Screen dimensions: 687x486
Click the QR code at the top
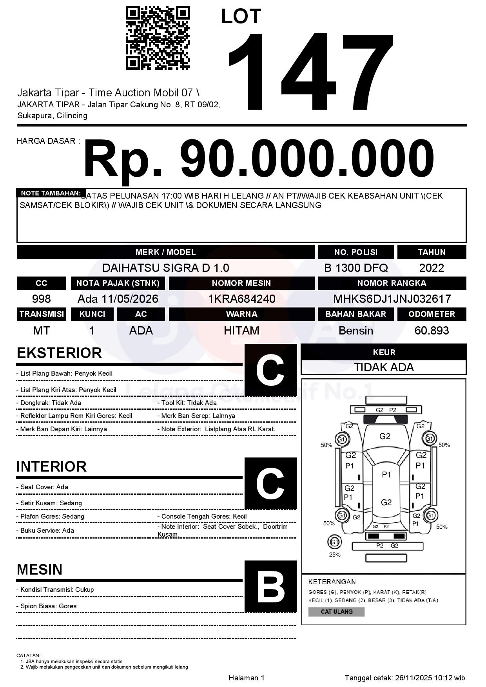pyautogui.click(x=158, y=38)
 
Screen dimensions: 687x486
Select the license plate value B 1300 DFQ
pyautogui.click(x=356, y=268)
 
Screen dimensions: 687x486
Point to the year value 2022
pyautogui.click(x=432, y=268)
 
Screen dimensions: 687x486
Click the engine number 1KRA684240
pyautogui.click(x=241, y=299)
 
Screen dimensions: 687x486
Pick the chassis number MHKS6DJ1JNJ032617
pyautogui.click(x=392, y=299)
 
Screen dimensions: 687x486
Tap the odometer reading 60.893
pyautogui.click(x=432, y=331)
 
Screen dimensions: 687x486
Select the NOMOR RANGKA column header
pyautogui.click(x=392, y=283)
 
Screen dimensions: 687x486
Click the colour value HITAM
pyautogui.click(x=241, y=331)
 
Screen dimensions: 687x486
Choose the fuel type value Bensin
pyautogui.click(x=356, y=331)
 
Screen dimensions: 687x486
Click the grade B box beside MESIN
pyautogui.click(x=270, y=586)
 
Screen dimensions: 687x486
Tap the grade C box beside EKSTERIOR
pyautogui.click(x=270, y=370)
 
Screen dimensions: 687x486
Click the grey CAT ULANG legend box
pyautogui.click(x=337, y=611)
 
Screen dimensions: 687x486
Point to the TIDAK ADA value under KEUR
pyautogui.click(x=384, y=367)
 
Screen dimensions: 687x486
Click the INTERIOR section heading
pyautogui.click(x=51, y=466)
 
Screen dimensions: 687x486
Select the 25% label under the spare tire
pyautogui.click(x=335, y=555)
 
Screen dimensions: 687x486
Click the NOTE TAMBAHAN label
pyautogui.click(x=51, y=193)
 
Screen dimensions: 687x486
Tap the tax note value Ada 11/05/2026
pyautogui.click(x=118, y=299)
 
